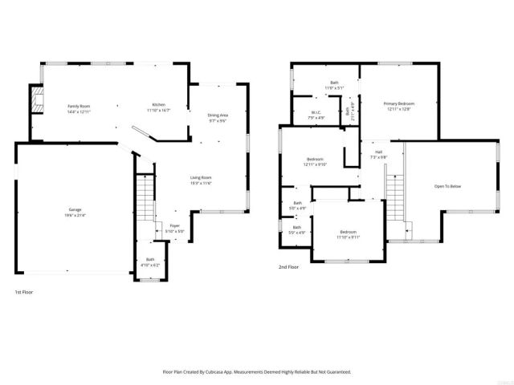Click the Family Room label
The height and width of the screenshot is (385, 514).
79,107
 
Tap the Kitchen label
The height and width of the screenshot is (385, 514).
159,107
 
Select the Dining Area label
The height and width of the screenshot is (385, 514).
218,115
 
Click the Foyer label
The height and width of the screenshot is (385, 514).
174,226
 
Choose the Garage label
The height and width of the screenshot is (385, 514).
75,209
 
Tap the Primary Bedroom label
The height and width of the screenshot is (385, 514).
398,103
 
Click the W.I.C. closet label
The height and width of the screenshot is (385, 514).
316,113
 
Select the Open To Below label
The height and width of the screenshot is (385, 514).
447,187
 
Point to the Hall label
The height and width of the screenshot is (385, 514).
377,152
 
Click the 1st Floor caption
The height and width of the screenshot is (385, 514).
24,291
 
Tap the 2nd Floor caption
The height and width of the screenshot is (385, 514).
288,266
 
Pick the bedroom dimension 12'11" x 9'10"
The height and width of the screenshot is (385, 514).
314,164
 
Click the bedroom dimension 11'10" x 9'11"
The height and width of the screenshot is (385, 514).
348,237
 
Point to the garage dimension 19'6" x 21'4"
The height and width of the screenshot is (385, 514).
75,215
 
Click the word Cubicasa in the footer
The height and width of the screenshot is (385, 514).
237,371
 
